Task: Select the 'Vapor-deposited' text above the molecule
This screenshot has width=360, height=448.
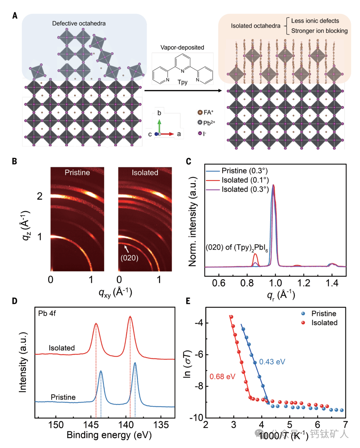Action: coord(182,47)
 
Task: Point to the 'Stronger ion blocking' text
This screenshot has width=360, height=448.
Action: coord(319,31)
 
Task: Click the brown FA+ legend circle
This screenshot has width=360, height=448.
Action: coord(200,112)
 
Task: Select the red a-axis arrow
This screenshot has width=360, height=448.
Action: coord(167,134)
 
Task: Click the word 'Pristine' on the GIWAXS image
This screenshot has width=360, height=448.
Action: coord(77,173)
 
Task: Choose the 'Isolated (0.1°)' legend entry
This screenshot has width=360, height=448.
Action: coord(242,180)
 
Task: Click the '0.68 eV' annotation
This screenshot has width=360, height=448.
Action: coord(222,376)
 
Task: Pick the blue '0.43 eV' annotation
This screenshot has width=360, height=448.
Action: coord(272,361)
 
